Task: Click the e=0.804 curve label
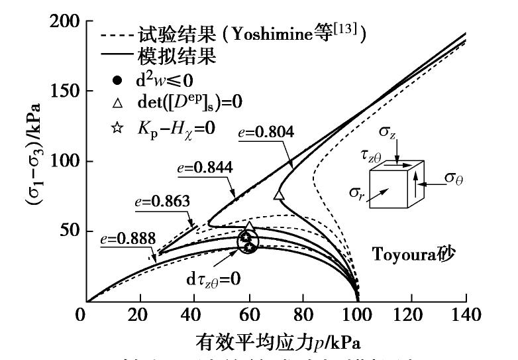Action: (262, 131)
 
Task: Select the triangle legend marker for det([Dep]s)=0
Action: (117, 103)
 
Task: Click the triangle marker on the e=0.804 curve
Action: (279, 195)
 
